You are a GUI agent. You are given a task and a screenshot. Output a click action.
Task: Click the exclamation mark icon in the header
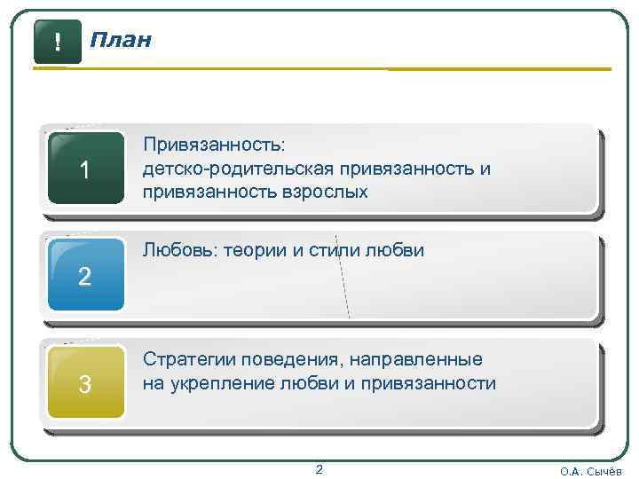click(57, 42)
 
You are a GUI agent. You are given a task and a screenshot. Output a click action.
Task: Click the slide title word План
click(121, 40)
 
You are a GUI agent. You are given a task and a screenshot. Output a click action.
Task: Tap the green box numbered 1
click(85, 169)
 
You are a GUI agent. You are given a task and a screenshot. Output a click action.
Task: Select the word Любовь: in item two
click(179, 251)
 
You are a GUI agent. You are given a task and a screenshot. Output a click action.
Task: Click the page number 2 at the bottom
click(319, 469)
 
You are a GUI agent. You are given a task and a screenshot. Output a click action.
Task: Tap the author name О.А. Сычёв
click(591, 471)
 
